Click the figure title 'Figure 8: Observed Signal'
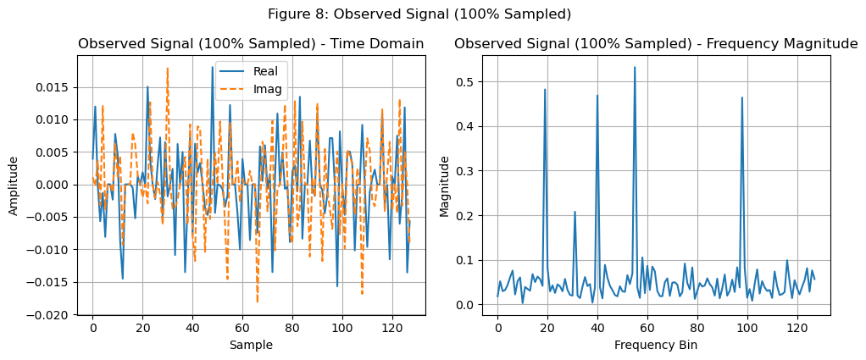coord(419,14)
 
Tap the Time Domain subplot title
coord(251,44)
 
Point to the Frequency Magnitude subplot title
coord(656,44)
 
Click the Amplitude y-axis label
coord(14,185)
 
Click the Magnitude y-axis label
coord(444,185)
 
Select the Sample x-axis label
coord(251,345)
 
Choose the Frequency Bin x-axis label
coord(656,345)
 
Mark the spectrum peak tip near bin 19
coord(545,89)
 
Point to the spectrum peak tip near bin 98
coord(742,97)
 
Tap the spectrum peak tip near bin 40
coord(597,95)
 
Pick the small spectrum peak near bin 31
coord(575,212)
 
